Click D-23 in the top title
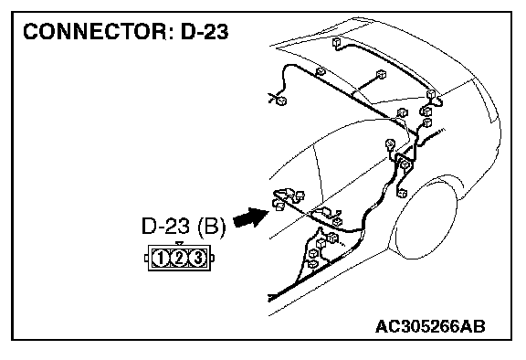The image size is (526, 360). (205, 32)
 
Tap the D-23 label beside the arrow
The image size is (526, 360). (165, 226)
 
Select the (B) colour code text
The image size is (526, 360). (212, 227)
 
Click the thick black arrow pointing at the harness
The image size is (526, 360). (251, 217)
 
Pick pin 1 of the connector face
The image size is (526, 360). (161, 259)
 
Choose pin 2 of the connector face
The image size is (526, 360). (179, 259)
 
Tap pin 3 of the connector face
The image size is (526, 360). (198, 259)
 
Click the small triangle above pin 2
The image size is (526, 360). (180, 244)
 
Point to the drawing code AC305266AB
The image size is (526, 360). (430, 326)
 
